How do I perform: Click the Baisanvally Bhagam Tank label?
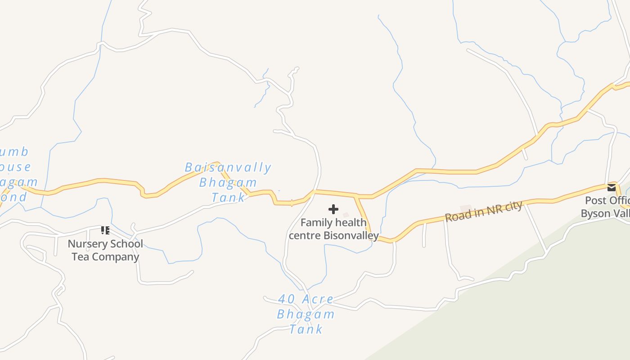click(x=228, y=182)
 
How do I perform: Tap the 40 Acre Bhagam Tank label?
click(x=306, y=314)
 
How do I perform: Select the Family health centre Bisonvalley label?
click(x=333, y=229)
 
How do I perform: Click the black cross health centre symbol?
click(x=333, y=209)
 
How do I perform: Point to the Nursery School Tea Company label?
click(x=105, y=251)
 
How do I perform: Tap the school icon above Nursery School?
click(x=105, y=231)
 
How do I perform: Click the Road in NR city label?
click(x=484, y=211)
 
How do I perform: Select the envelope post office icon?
click(x=612, y=188)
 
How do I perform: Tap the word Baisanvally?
click(x=228, y=168)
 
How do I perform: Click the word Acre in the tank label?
click(x=318, y=299)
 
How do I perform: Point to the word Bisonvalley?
click(x=351, y=235)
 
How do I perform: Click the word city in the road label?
click(x=514, y=207)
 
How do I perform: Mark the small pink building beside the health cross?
click(x=346, y=215)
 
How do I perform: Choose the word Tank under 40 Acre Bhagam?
click(x=306, y=329)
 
